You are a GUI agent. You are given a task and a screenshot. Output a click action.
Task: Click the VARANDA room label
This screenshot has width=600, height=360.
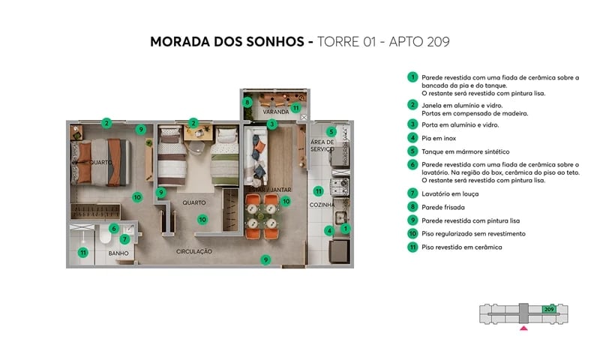[x=276, y=112]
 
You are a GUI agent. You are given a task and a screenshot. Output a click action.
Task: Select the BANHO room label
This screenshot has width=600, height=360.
[x=118, y=253]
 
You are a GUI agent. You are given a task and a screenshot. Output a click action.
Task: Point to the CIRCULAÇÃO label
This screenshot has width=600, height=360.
[x=194, y=251]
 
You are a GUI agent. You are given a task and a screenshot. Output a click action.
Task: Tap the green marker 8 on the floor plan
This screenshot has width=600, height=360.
[x=247, y=102]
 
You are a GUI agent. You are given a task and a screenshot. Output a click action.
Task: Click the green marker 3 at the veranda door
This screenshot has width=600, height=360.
[x=272, y=124]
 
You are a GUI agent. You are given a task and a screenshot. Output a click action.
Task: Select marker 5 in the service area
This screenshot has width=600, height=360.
[x=331, y=132]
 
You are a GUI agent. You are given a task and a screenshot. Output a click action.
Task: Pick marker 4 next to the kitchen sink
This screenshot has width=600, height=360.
[x=328, y=230]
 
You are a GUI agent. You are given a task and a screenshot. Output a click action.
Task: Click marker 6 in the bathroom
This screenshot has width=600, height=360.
[x=113, y=228]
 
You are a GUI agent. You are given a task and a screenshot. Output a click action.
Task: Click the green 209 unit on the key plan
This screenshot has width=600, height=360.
[x=548, y=308]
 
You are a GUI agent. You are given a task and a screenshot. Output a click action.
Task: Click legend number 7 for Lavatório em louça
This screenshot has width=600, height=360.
[x=412, y=193]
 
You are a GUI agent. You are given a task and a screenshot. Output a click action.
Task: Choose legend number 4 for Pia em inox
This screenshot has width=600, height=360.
[x=412, y=138]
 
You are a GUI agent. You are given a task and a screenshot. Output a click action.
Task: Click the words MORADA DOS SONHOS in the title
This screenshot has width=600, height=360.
[x=225, y=41]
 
